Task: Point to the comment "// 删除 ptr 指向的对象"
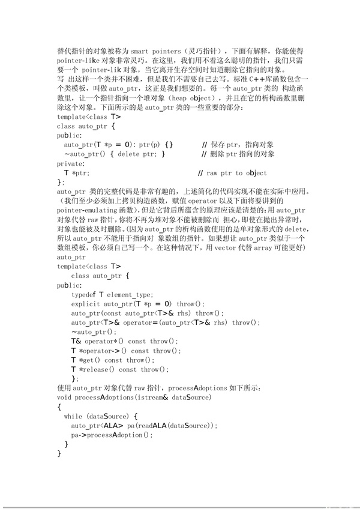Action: (x=238, y=154)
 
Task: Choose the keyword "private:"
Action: (x=71, y=163)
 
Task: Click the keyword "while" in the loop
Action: (x=73, y=416)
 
